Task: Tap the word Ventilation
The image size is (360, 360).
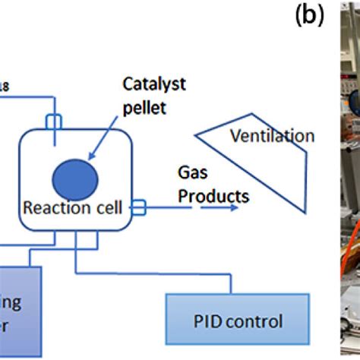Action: pos(273,137)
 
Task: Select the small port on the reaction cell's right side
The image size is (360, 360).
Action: pos(139,204)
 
